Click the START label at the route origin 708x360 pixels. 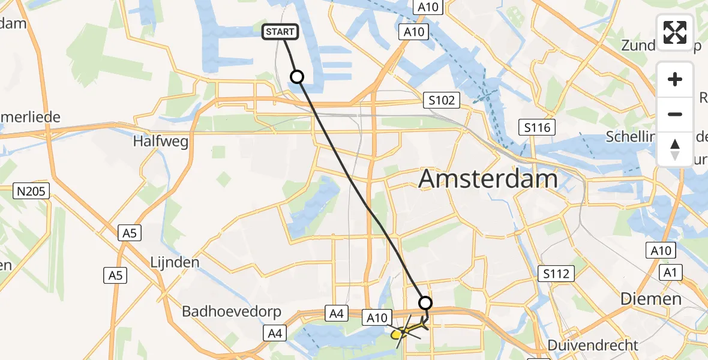tap(280, 32)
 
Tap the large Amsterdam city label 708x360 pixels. tap(488, 179)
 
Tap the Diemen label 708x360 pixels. tap(651, 299)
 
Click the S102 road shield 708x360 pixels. tap(442, 100)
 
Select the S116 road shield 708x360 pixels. tap(537, 127)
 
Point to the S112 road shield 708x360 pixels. tap(557, 274)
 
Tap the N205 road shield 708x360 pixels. tap(32, 191)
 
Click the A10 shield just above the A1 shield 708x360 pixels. tap(660, 250)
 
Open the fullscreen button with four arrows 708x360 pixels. tap(675, 32)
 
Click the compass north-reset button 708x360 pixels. tap(675, 149)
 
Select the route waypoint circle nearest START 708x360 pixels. tap(297, 77)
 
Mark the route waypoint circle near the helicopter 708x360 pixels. tap(425, 303)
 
